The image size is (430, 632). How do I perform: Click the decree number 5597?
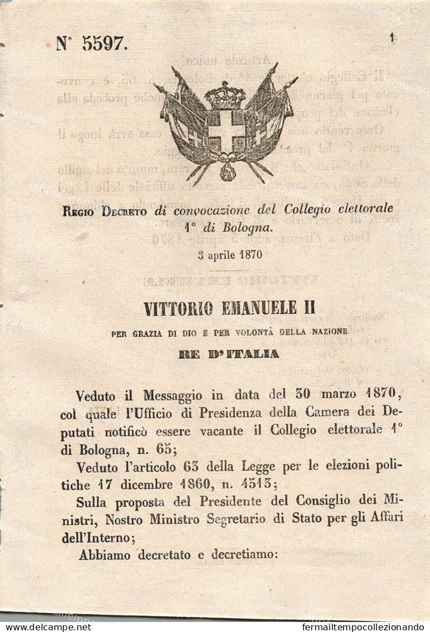coord(105,44)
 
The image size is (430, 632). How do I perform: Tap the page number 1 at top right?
coord(393,37)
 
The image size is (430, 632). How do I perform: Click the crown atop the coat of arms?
coord(225,95)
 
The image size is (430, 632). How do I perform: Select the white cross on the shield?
coord(226,131)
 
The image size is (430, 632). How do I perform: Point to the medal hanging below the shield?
coord(227,172)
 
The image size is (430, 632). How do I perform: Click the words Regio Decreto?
coord(105,211)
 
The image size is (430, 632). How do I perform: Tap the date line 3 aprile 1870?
coord(230,255)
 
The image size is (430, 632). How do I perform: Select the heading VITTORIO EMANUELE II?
coord(230,308)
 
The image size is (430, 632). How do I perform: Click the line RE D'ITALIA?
coord(229,354)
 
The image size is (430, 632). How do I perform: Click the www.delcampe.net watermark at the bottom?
coord(46,627)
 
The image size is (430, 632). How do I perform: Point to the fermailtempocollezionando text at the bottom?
coord(362,627)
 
